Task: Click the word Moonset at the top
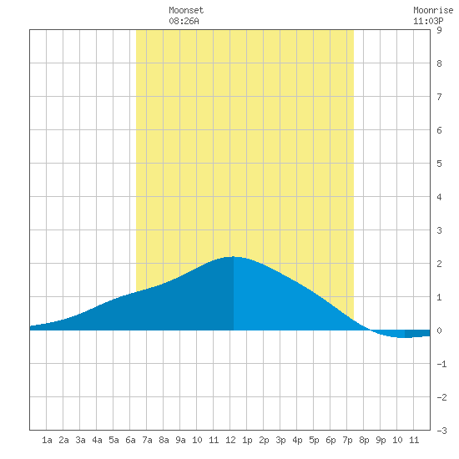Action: pos(186,10)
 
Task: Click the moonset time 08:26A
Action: pos(184,21)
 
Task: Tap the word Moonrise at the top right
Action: pos(433,10)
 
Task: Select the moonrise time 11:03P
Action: pos(428,21)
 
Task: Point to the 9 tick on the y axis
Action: pos(439,30)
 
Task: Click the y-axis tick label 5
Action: pos(439,164)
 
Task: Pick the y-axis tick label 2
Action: pos(439,264)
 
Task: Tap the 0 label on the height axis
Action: pos(439,330)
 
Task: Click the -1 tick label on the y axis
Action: pos(441,364)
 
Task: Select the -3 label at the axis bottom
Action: pos(441,431)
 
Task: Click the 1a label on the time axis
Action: pos(47,440)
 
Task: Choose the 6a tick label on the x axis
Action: pos(130,440)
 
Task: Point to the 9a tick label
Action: pos(180,440)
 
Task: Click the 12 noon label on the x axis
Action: pos(230,440)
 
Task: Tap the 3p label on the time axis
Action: pos(280,440)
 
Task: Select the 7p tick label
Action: pos(347,440)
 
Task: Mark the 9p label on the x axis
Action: pos(381,440)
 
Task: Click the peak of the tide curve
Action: pos(234,257)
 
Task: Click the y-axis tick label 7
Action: pos(439,97)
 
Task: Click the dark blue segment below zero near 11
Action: pos(417,334)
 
